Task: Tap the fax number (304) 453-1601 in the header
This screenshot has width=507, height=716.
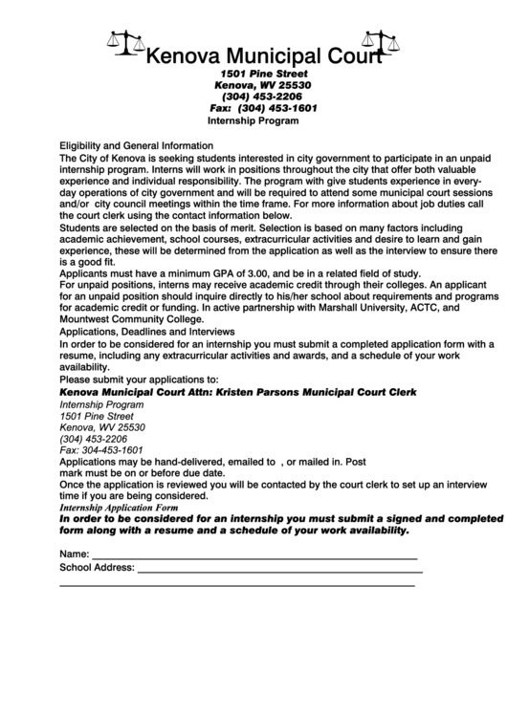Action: point(277,109)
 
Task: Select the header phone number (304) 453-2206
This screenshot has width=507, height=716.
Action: point(262,97)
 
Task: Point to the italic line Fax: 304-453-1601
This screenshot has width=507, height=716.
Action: point(101,449)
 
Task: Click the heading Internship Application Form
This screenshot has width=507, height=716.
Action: point(119,508)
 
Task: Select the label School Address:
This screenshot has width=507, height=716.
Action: point(97,568)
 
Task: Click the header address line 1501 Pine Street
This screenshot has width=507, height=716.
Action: point(264,73)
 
